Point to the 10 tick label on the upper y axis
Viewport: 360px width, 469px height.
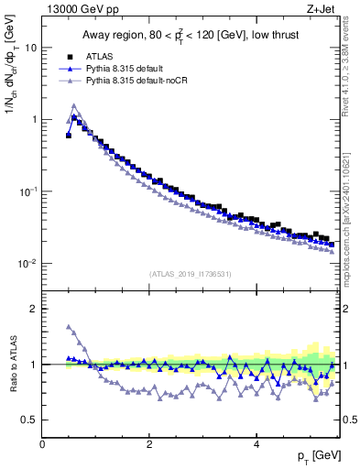[31, 48]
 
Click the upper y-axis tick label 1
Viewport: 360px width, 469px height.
[34, 120]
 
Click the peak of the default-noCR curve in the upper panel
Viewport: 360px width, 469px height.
[74, 105]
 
